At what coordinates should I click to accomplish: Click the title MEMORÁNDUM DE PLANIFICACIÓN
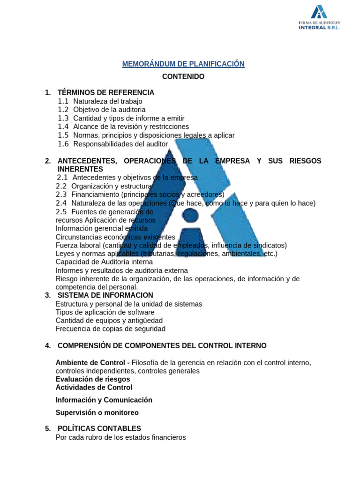(x=183, y=64)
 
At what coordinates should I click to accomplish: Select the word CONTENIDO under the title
(x=183, y=76)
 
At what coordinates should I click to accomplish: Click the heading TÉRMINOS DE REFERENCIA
(x=105, y=93)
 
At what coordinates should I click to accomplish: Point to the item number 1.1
(x=63, y=101)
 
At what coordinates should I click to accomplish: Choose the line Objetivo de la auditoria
(x=109, y=110)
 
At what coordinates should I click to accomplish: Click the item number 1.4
(x=63, y=127)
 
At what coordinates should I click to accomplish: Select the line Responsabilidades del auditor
(x=120, y=143)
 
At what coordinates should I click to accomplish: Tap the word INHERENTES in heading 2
(x=80, y=169)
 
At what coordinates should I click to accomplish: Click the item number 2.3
(x=61, y=195)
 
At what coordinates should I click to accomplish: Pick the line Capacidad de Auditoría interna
(x=104, y=262)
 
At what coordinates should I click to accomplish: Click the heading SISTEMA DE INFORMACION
(x=105, y=295)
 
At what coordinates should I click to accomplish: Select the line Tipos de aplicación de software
(x=105, y=312)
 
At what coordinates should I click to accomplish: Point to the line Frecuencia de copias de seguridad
(x=111, y=329)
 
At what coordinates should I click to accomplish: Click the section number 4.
(x=48, y=346)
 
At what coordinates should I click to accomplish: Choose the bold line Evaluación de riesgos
(x=93, y=379)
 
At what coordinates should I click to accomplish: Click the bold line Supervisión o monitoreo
(x=97, y=413)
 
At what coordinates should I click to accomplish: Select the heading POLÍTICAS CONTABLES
(x=99, y=429)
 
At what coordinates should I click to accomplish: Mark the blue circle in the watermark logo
(x=190, y=215)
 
